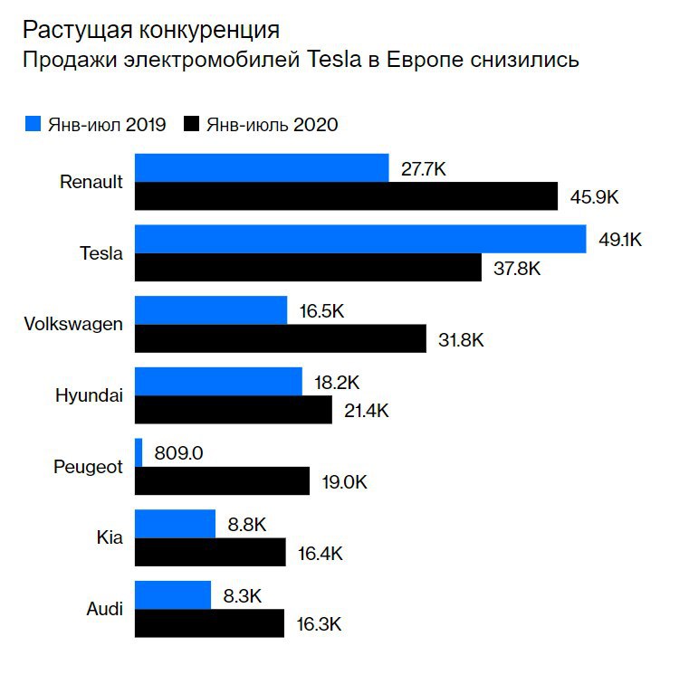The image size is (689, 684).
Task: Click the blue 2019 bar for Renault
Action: pyautogui.click(x=262, y=168)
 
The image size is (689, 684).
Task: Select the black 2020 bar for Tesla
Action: pyautogui.click(x=308, y=268)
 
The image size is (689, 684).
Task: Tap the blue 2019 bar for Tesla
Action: pyautogui.click(x=360, y=240)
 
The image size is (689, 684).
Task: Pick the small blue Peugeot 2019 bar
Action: pyautogui.click(x=139, y=452)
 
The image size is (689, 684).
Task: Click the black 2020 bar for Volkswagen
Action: pyautogui.click(x=281, y=339)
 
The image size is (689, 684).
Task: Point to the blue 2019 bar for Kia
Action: pyautogui.click(x=175, y=524)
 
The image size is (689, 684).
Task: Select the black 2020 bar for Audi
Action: pyautogui.click(x=210, y=623)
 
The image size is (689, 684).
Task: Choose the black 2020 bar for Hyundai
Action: pyautogui.click(x=234, y=410)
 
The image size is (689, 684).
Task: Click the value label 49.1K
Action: pyautogui.click(x=620, y=240)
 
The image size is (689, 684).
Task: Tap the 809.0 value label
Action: pyautogui.click(x=177, y=452)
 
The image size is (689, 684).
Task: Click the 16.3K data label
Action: pyautogui.click(x=319, y=623)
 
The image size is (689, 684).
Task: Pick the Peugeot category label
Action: pyautogui.click(x=88, y=467)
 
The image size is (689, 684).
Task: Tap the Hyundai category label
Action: pyautogui.click(x=89, y=395)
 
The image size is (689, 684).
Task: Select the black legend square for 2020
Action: pyautogui.click(x=192, y=124)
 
